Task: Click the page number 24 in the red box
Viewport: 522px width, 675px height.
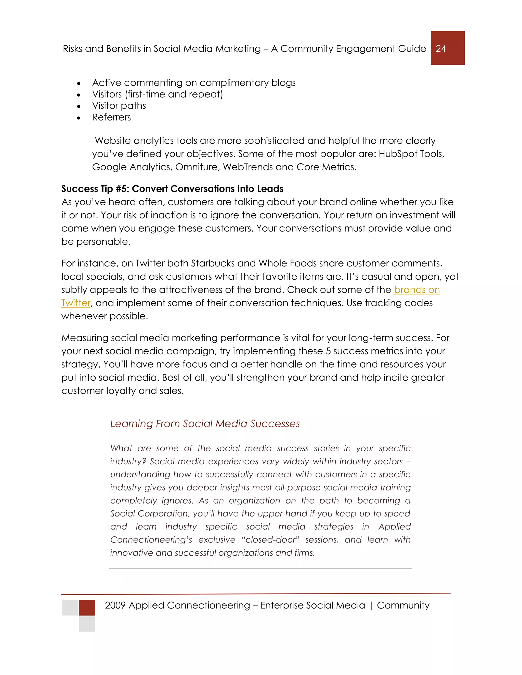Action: (441, 48)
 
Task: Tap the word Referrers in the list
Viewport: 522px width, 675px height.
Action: (111, 117)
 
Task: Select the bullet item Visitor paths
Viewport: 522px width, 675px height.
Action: (119, 106)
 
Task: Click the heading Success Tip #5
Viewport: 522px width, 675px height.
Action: (172, 188)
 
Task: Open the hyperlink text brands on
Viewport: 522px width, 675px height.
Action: (417, 290)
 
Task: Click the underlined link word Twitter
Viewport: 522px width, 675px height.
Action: (76, 303)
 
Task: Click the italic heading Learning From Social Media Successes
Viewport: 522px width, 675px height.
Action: (205, 423)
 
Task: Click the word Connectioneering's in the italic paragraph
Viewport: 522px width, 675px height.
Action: (151, 540)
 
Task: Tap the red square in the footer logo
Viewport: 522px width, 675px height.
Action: (87, 607)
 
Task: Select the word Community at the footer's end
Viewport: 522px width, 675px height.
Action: (403, 605)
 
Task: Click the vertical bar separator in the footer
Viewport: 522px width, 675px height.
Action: (371, 605)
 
